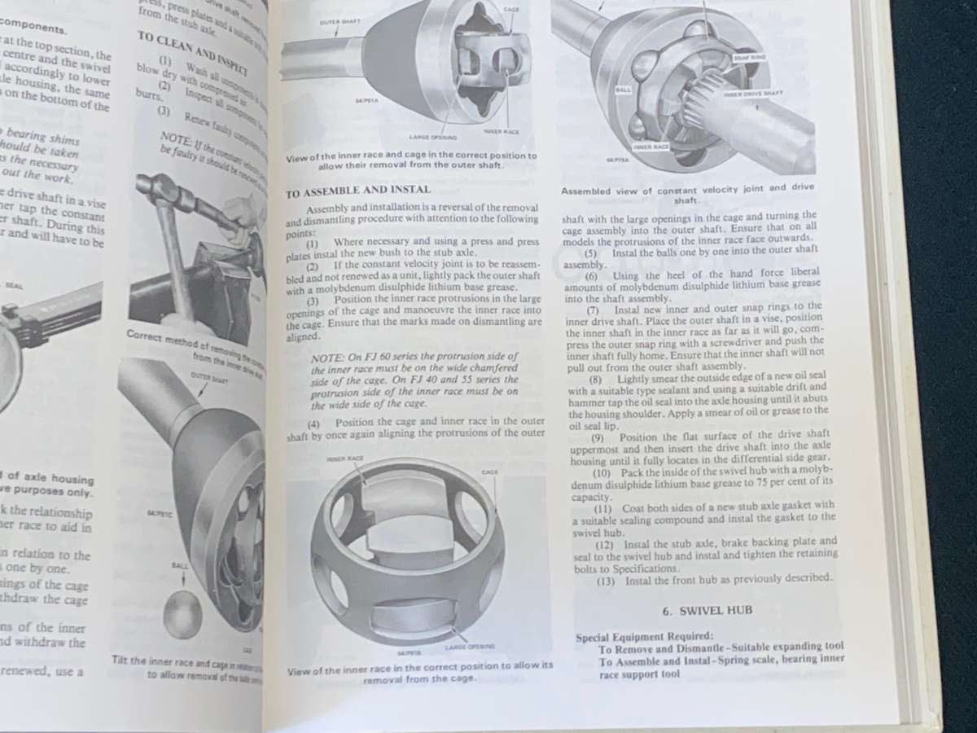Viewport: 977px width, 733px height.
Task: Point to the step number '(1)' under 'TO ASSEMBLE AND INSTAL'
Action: click(x=313, y=242)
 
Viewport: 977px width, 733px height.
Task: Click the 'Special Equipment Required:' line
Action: click(x=645, y=636)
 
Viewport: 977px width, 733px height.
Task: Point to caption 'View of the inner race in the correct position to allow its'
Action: click(x=420, y=665)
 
